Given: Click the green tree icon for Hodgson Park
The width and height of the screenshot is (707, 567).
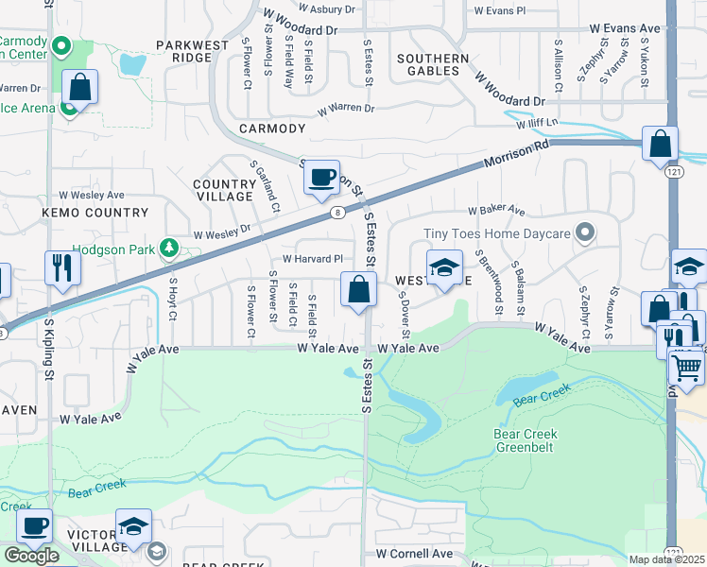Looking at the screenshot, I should (x=169, y=248).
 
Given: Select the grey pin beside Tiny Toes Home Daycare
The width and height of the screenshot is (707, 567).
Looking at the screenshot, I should (x=586, y=232).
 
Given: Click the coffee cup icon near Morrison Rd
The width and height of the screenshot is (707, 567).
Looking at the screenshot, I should (x=322, y=177).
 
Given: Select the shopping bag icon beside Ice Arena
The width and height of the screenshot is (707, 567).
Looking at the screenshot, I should (x=80, y=88).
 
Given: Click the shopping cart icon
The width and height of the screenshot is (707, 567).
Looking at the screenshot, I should (x=687, y=366).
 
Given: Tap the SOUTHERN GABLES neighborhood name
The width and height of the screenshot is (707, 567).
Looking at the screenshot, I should (x=433, y=65).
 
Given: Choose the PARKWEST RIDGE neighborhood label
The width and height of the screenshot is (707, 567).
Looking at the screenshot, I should (x=184, y=51).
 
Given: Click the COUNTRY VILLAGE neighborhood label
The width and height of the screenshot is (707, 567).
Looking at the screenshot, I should (x=223, y=190).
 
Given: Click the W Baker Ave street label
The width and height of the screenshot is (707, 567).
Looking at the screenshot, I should (x=495, y=210).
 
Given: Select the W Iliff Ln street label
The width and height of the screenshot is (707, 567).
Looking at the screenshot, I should (x=538, y=124).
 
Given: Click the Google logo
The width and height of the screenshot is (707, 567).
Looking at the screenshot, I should (x=31, y=556).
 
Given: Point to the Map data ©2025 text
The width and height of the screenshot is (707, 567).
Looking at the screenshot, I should (x=666, y=559).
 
